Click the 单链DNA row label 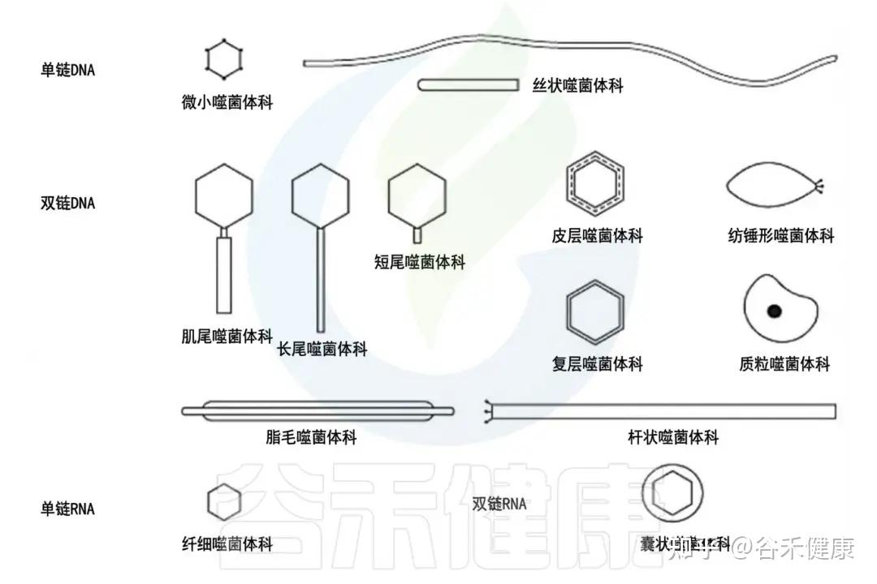pyautogui.click(x=67, y=71)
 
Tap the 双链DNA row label pyautogui.click(x=67, y=203)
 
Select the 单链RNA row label pyautogui.click(x=67, y=509)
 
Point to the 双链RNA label pyautogui.click(x=499, y=504)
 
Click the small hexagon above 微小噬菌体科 pyautogui.click(x=223, y=59)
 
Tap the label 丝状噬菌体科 pyautogui.click(x=577, y=84)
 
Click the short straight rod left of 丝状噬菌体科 pyautogui.click(x=469, y=84)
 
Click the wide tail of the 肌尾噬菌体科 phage pyautogui.click(x=224, y=276)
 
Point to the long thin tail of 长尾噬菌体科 pyautogui.click(x=321, y=280)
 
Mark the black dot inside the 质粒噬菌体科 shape pyautogui.click(x=774, y=310)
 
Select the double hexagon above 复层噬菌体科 pyautogui.click(x=595, y=311)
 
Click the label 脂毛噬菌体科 pyautogui.click(x=311, y=438)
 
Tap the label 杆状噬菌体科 pyautogui.click(x=673, y=438)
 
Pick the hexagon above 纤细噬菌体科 pyautogui.click(x=225, y=501)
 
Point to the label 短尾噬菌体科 pyautogui.click(x=420, y=262)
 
